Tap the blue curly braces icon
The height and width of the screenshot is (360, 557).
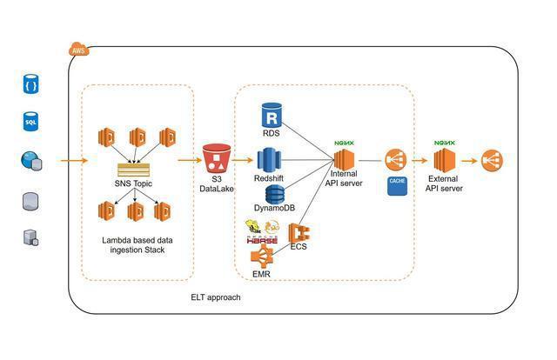tap(30, 85)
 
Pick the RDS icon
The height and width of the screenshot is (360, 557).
tap(272, 116)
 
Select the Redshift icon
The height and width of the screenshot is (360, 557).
tap(270, 160)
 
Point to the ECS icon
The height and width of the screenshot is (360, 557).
tap(300, 233)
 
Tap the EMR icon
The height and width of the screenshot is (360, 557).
tap(262, 257)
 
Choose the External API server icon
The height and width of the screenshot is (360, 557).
tap(445, 161)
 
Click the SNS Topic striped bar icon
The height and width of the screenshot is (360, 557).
tap(133, 170)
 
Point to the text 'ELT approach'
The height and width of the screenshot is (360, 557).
tap(216, 297)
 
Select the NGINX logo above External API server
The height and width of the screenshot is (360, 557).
tap(445, 141)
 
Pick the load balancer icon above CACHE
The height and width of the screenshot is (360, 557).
tap(396, 160)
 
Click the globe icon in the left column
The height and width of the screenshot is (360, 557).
tap(30, 161)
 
